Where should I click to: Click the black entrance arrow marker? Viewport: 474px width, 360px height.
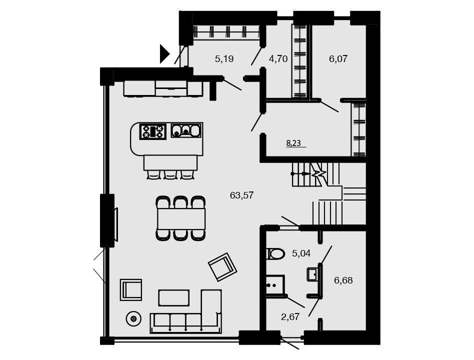pyautogui.click(x=164, y=54)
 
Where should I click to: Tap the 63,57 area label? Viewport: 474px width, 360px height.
pyautogui.click(x=241, y=195)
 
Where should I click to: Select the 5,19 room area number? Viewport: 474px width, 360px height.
pyautogui.click(x=224, y=58)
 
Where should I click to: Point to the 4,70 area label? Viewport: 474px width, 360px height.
pyautogui.click(x=278, y=58)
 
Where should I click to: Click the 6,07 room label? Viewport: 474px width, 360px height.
pyautogui.click(x=338, y=58)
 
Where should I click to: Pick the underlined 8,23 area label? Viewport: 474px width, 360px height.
pyautogui.click(x=293, y=143)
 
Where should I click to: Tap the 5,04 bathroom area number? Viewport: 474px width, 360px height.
pyautogui.click(x=301, y=253)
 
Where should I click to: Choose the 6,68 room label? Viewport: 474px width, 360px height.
pyautogui.click(x=343, y=280)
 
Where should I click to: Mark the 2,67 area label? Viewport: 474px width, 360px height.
pyautogui.click(x=290, y=317)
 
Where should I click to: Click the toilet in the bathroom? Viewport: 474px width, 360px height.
pyautogui.click(x=275, y=253)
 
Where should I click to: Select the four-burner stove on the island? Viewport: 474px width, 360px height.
pyautogui.click(x=152, y=132)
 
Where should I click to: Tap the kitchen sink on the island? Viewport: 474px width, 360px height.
pyautogui.click(x=186, y=130)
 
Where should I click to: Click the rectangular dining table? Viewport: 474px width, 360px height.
pyautogui.click(x=181, y=218)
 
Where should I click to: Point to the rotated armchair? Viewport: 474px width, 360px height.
pyautogui.click(x=222, y=267)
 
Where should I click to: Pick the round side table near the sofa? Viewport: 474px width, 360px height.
pyautogui.click(x=133, y=318)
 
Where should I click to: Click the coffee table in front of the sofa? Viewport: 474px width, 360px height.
pyautogui.click(x=174, y=297)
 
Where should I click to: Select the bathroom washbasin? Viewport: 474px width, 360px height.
pyautogui.click(x=312, y=274)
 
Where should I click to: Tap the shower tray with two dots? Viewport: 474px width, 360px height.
pyautogui.click(x=275, y=284)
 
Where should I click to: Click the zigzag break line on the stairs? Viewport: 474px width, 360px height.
pyautogui.click(x=319, y=173)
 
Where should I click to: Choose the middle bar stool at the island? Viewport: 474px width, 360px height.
pyautogui.click(x=170, y=174)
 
